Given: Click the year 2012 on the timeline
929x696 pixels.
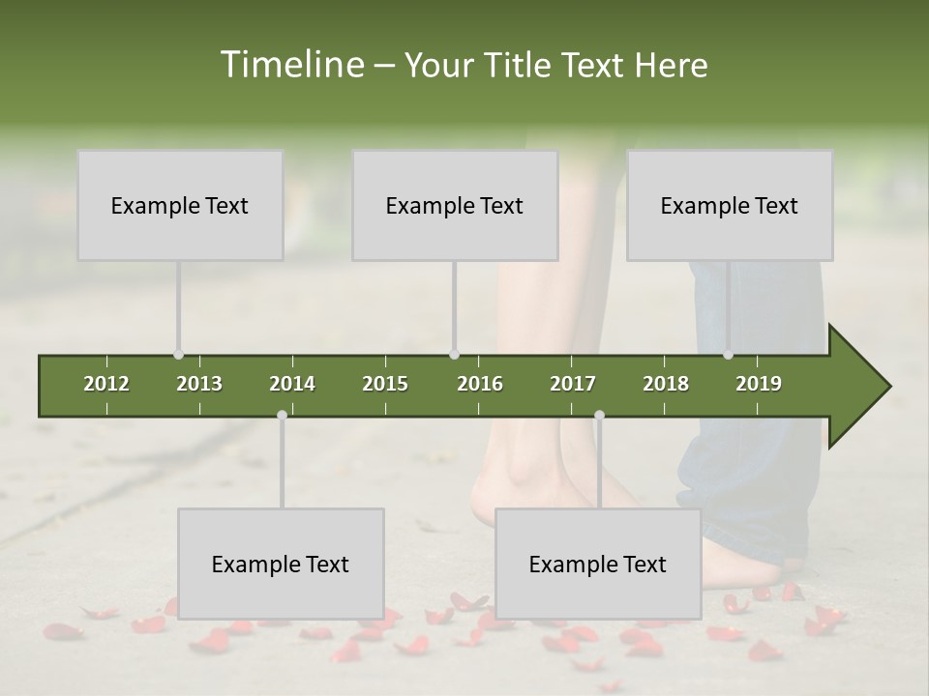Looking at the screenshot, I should point(106,384).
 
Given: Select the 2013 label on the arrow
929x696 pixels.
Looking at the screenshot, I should point(199,384).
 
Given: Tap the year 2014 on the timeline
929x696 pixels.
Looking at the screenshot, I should point(292,384).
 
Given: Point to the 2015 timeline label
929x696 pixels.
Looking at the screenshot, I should point(385,384).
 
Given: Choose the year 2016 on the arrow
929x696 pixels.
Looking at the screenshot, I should point(480,384).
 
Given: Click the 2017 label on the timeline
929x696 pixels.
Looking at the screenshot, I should point(573,384).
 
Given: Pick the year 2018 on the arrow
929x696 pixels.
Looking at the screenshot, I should point(666,384).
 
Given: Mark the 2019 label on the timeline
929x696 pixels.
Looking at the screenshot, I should point(759,384).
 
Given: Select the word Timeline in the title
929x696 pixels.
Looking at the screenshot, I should point(290,65).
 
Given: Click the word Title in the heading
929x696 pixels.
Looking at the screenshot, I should point(519,65).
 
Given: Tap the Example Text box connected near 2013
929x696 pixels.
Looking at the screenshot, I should point(180,205).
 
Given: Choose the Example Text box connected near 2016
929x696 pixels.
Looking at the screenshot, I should point(455,205).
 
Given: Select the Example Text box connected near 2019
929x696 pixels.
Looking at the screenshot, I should point(730,205).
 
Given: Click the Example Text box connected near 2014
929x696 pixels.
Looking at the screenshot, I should point(281,564).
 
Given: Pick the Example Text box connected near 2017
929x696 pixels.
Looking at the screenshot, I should point(598,564).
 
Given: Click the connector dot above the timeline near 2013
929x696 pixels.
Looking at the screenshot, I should point(178,355).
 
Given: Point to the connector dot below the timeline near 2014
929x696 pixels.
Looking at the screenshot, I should point(282,416).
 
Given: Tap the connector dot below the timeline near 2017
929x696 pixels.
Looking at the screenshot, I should point(599,416).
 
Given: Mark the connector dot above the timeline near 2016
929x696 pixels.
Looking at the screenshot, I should point(454,355).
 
